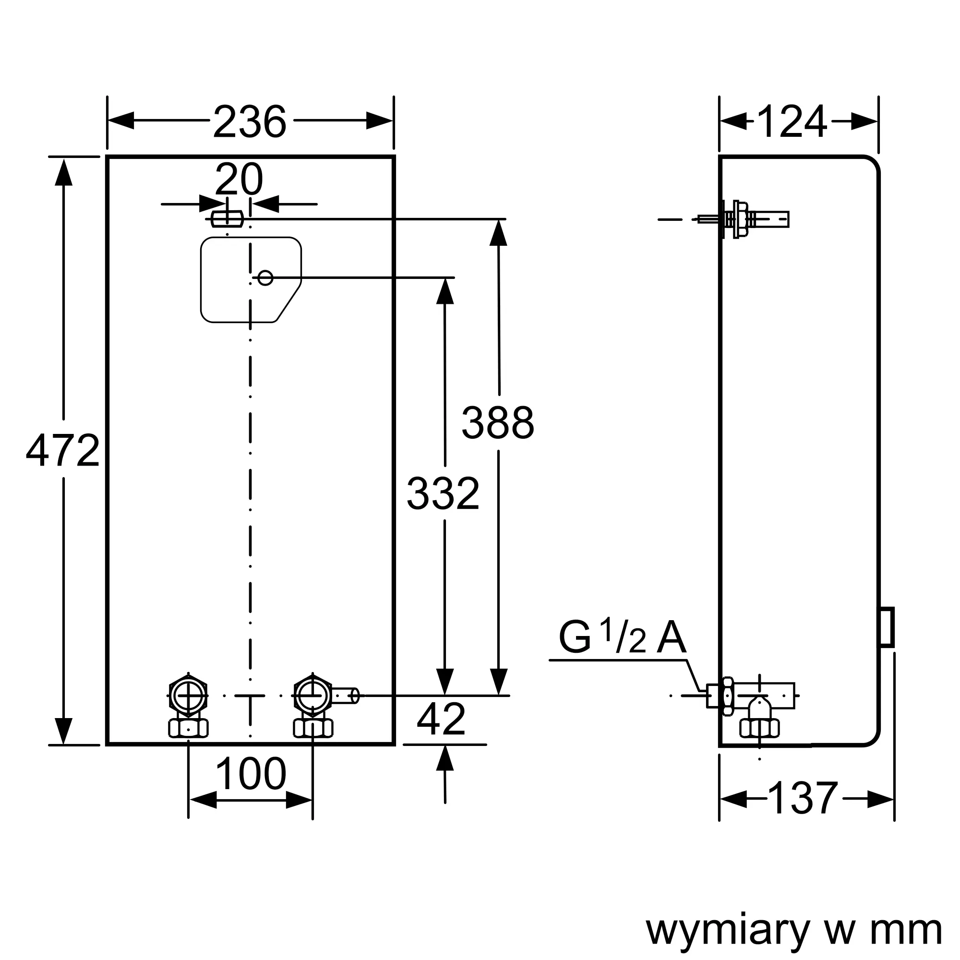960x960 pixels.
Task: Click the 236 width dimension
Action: tap(250, 122)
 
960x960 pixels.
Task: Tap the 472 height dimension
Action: tap(62, 451)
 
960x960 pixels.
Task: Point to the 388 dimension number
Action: tap(497, 422)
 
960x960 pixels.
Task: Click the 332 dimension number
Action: tap(443, 494)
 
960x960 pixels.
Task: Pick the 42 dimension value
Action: tap(441, 719)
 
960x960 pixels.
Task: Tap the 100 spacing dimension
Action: tap(251, 774)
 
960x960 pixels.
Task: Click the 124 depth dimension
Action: tap(792, 122)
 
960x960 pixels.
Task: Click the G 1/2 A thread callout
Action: tap(622, 636)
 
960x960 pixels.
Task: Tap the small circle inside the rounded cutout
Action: tap(265, 278)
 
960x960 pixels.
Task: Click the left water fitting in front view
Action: tap(188, 706)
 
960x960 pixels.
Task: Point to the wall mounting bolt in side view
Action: tap(744, 219)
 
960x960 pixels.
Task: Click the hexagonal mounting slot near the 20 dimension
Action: tap(227, 218)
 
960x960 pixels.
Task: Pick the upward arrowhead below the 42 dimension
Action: tap(445, 758)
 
